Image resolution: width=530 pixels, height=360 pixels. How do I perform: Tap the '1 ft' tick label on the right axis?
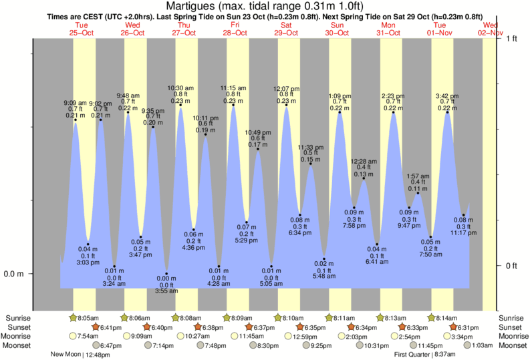512,38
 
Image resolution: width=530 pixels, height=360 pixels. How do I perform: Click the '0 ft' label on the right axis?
512,266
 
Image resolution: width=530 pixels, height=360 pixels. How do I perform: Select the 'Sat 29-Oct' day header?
286,29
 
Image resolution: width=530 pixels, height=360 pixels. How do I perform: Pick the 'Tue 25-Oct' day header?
82,29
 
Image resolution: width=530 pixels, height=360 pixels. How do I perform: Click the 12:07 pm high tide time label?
287,89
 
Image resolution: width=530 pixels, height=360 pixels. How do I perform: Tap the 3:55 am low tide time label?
166,291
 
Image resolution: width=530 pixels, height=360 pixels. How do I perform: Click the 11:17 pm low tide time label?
462,234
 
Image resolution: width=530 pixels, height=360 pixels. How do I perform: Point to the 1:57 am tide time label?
418,176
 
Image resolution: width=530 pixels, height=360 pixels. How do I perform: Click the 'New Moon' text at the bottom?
65,355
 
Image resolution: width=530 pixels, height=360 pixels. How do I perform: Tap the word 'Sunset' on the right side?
513,327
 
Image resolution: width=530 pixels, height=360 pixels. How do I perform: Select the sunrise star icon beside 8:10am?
278,318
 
